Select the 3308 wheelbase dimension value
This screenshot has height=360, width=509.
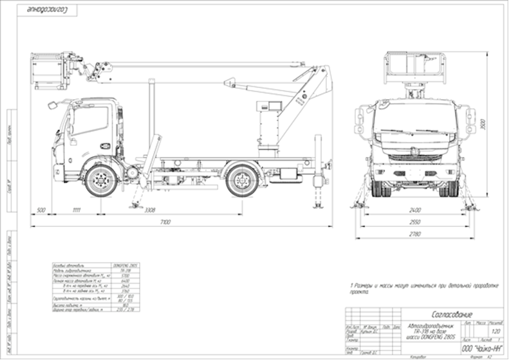coord(149,210)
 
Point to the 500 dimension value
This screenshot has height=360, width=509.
coord(41,210)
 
